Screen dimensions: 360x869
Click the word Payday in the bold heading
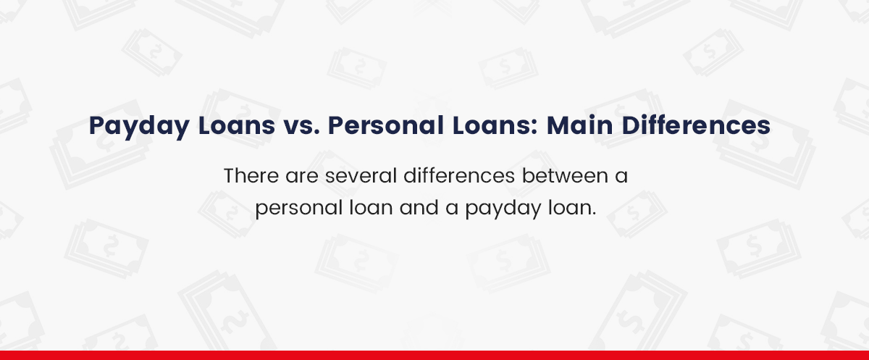tap(132, 126)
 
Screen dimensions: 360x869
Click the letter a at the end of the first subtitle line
tap(621, 177)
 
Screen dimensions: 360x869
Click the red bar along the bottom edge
tap(434, 355)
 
